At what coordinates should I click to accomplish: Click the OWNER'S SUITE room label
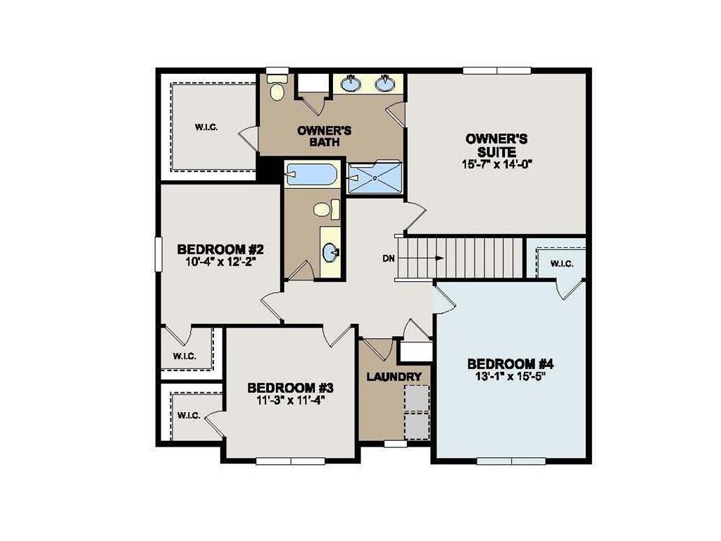pos(496,145)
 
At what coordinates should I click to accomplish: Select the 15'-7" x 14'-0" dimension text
pos(496,165)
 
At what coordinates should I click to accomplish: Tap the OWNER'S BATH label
pos(324,136)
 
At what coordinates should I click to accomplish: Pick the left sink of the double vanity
pos(351,85)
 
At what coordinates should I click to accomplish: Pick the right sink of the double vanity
pos(384,85)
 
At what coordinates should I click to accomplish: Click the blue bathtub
pos(312,173)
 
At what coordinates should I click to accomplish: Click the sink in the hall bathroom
pos(330,251)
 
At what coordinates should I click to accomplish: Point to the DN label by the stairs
pos(389,259)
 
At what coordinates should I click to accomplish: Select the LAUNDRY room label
pos(394,377)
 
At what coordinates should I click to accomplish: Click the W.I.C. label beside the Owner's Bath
pos(206,127)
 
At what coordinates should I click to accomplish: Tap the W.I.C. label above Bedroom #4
pos(561,263)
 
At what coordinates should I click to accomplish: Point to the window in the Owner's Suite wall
pos(496,70)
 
